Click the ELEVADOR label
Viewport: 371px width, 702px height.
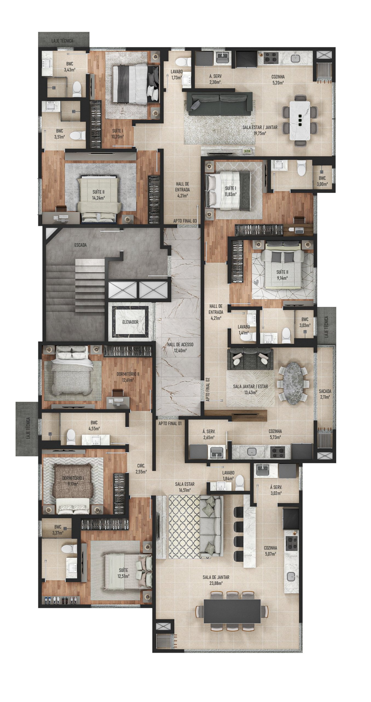point(130,322)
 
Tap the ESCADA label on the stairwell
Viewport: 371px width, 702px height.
point(80,245)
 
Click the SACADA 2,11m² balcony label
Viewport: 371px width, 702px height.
point(325,394)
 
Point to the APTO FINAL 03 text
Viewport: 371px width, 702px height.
point(185,221)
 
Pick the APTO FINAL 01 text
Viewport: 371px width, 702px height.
point(170,423)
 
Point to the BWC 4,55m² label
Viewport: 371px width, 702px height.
point(94,426)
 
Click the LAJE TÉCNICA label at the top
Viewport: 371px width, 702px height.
point(62,41)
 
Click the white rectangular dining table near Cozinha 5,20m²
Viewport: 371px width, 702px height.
point(300,120)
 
